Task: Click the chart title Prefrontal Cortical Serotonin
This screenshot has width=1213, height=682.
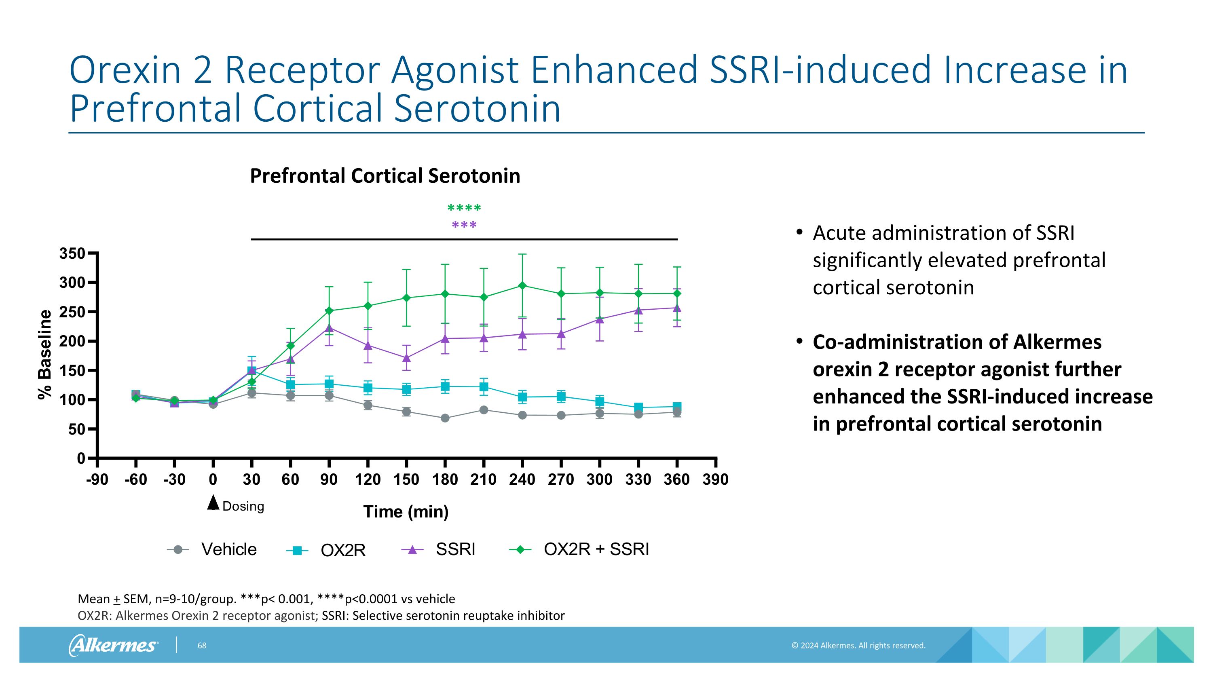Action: [x=385, y=176]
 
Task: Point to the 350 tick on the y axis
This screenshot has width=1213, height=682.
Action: [x=72, y=254]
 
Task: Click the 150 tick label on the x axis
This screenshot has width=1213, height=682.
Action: [x=406, y=479]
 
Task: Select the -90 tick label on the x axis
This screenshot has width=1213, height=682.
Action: [x=97, y=479]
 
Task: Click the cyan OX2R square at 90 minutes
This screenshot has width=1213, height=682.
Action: [x=329, y=384]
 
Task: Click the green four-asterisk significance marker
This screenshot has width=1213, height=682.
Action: [x=464, y=207]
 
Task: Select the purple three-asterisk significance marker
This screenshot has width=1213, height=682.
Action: [x=464, y=225]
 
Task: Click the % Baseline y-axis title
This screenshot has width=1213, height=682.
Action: [x=45, y=355]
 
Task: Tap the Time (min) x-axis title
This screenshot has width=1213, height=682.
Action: [x=406, y=512]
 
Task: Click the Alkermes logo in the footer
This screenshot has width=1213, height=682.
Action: [x=113, y=645]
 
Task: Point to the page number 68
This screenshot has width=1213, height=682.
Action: [x=201, y=646]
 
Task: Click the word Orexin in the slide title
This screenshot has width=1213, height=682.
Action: [x=125, y=70]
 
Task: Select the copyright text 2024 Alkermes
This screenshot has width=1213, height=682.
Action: [x=858, y=646]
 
